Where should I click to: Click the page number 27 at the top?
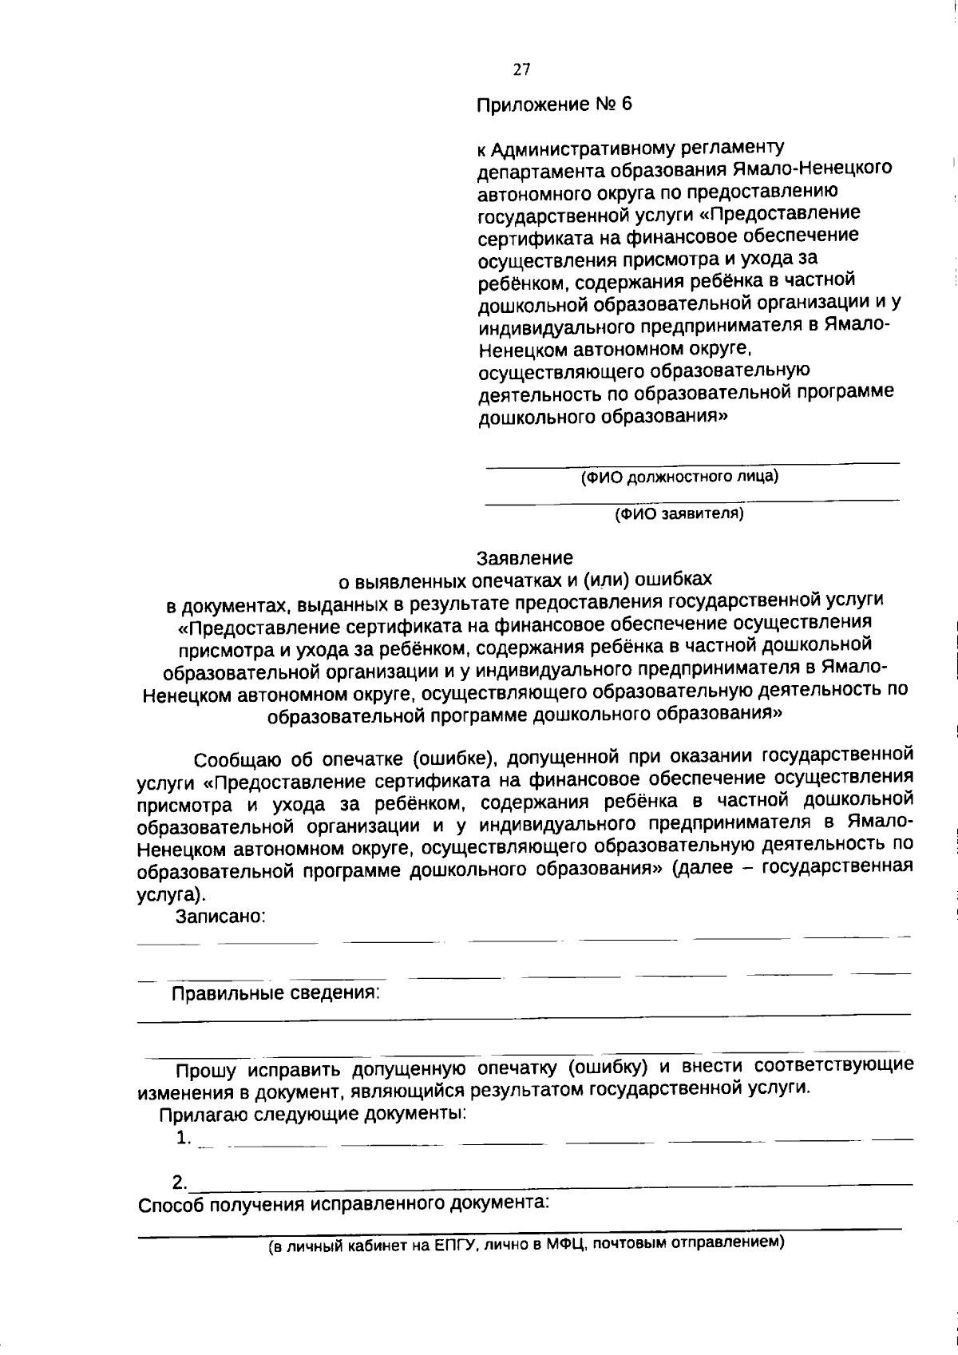tap(521, 69)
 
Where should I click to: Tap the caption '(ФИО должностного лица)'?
tap(679, 477)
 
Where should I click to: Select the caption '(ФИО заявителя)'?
tap(679, 513)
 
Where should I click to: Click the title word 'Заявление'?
tap(525, 557)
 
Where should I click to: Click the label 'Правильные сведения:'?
tap(275, 993)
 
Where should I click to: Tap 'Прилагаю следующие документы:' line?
tap(313, 1113)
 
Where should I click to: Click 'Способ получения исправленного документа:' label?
tap(344, 1203)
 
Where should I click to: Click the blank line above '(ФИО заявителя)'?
tap(692, 501)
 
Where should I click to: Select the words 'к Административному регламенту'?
tap(631, 148)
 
